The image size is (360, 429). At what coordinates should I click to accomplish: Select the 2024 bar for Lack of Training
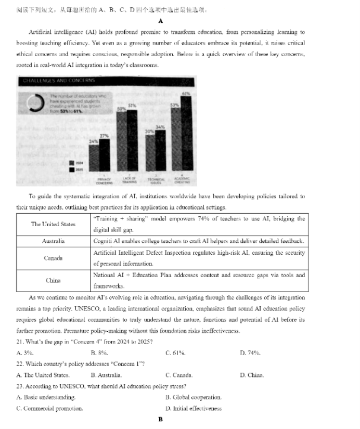(x=122, y=143)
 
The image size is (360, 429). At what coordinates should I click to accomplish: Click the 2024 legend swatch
(x=71, y=163)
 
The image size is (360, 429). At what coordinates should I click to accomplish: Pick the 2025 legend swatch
(x=71, y=170)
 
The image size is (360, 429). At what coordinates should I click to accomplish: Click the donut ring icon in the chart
(x=38, y=102)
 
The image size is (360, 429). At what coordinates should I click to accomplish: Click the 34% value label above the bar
(x=160, y=127)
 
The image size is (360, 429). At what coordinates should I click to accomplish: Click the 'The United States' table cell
(x=53, y=224)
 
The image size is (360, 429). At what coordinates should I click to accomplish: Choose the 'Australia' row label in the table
(x=53, y=241)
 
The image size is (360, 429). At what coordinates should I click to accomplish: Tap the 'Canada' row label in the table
(x=53, y=258)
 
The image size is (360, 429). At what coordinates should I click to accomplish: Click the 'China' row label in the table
(x=53, y=280)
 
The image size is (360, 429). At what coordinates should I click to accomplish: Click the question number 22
(x=20, y=364)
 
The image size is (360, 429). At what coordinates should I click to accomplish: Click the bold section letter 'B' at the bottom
(x=161, y=419)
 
